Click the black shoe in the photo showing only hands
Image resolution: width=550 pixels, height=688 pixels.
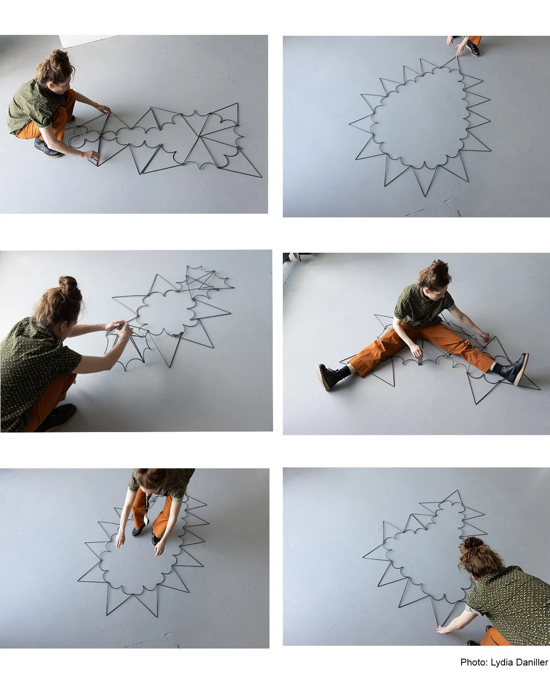[x=473, y=48]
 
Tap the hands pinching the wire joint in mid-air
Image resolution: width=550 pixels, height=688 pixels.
[x=120, y=328]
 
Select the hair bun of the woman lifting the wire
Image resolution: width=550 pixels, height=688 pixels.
[x=68, y=284]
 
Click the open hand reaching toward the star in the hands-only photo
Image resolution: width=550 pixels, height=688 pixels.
[x=460, y=50]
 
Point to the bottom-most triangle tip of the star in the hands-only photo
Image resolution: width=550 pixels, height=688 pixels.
[x=425, y=196]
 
